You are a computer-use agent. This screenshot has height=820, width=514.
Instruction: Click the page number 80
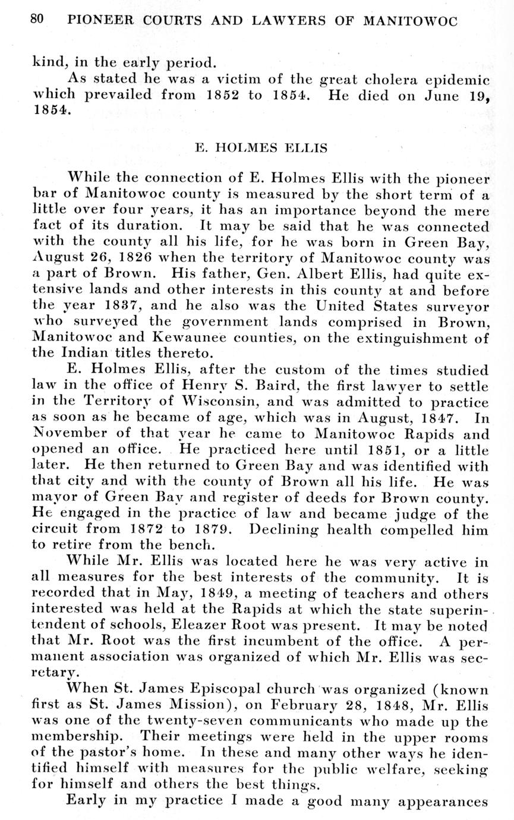(x=37, y=19)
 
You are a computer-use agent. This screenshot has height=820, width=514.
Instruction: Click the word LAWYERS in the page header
(x=285, y=21)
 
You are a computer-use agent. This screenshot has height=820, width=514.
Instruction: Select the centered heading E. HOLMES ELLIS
(x=261, y=148)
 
